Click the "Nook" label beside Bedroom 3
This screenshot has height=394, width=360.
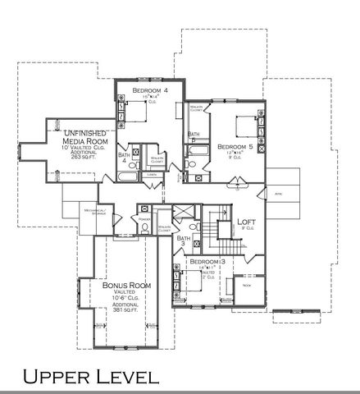click(x=245, y=285)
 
